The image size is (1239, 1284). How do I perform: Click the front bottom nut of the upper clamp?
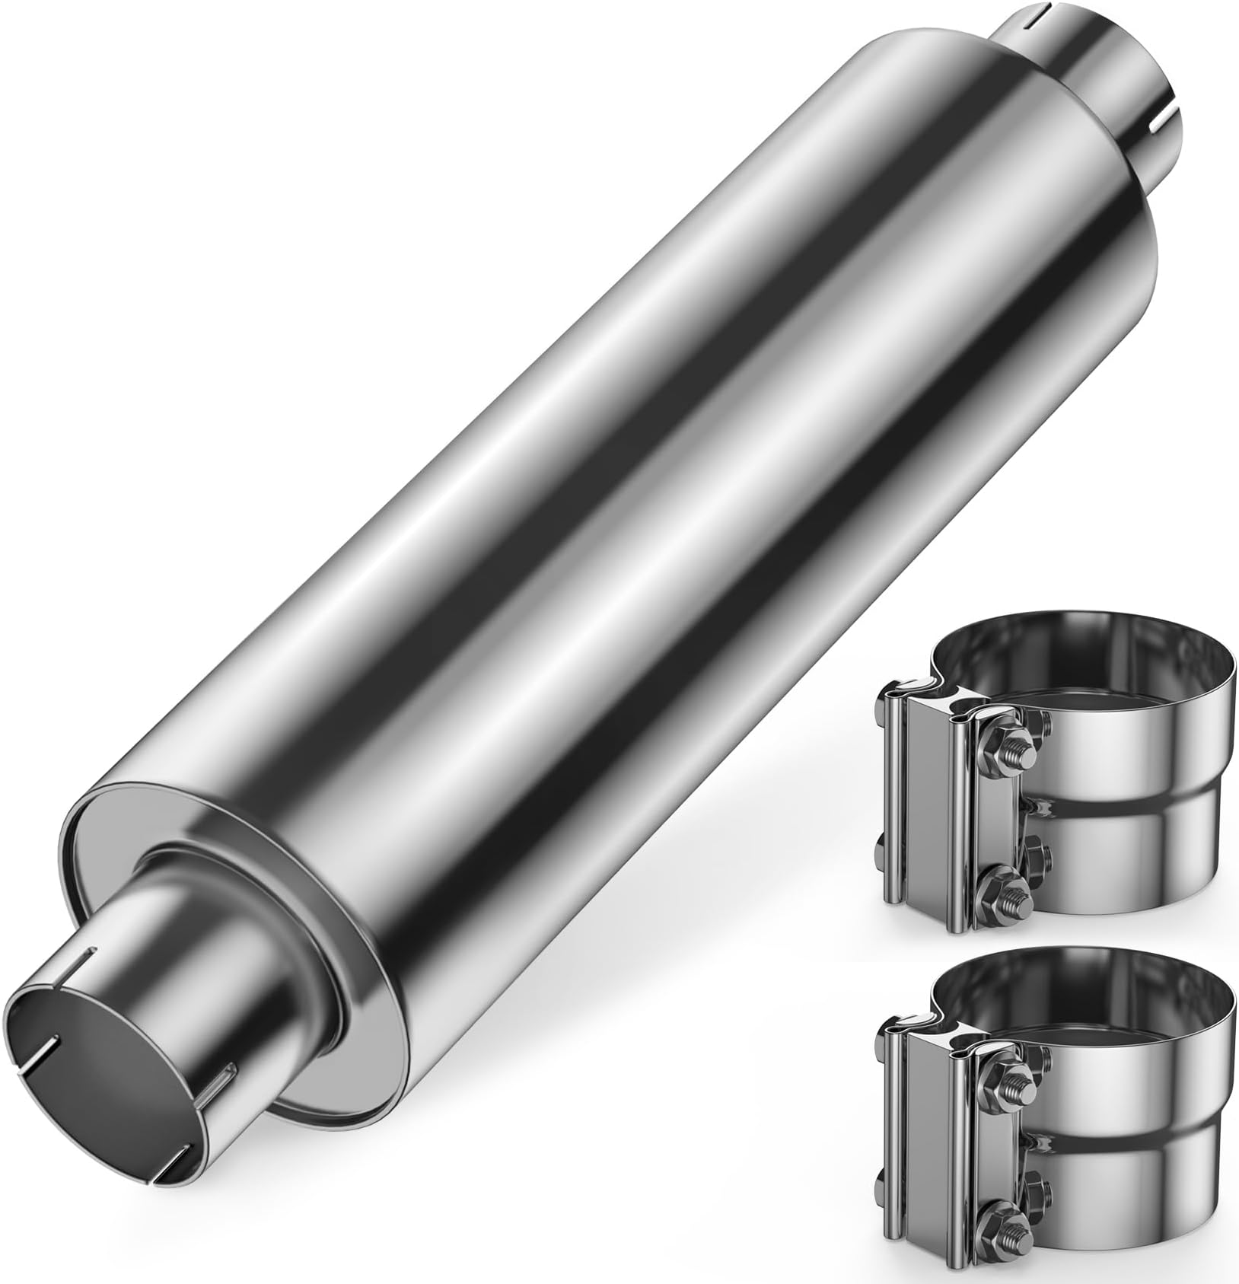1005,895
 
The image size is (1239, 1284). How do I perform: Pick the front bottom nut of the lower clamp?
1005,1203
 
